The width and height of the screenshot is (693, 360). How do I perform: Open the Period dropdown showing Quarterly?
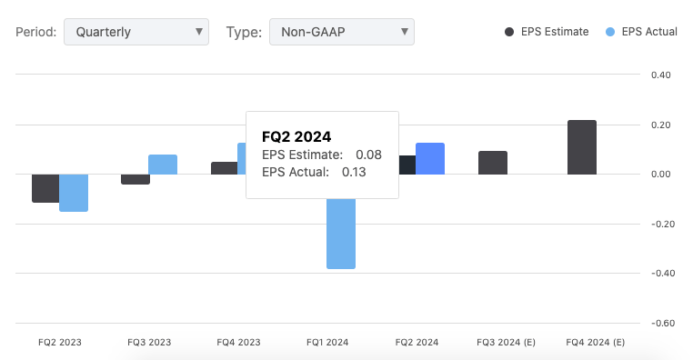coord(136,32)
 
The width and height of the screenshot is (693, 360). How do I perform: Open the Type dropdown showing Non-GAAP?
coord(341,32)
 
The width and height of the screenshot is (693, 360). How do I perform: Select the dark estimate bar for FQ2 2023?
coord(45,187)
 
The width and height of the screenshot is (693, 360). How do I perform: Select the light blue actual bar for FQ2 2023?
coord(74,192)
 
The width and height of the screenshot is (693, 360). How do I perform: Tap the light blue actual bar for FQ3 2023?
coord(163,165)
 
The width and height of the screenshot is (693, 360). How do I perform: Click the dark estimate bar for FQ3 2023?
coord(136,179)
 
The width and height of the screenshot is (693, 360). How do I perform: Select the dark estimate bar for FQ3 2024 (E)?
coord(493,163)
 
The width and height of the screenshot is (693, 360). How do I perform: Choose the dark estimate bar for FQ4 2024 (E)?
coord(582,147)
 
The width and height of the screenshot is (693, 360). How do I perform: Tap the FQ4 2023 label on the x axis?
coord(238,343)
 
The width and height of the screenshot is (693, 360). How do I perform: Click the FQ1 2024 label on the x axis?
coord(327,343)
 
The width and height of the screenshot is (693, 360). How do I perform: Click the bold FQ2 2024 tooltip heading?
coord(296,136)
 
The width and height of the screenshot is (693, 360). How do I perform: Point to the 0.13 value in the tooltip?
coord(354,171)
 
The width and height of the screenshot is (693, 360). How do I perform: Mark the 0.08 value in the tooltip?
coord(368,155)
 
